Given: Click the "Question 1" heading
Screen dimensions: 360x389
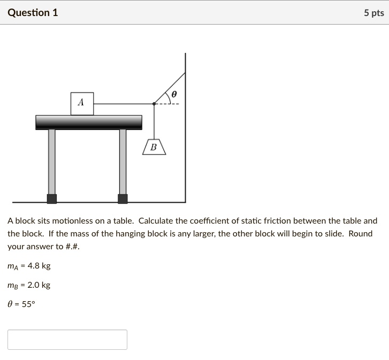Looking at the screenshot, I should click(x=33, y=12).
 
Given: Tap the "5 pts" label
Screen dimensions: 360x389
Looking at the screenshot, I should click(x=373, y=13).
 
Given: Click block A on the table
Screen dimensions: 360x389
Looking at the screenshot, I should click(x=82, y=103).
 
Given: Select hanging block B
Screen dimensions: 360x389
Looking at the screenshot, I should click(x=154, y=147).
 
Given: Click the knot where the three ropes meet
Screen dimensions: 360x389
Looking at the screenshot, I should click(x=154, y=103).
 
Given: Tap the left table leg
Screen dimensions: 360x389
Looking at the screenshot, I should click(x=51, y=160).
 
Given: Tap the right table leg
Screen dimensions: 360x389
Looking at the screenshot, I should click(x=123, y=160).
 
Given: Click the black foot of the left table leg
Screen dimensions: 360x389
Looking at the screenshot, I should click(x=51, y=199).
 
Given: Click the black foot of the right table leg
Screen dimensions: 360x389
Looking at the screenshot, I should click(x=123, y=199).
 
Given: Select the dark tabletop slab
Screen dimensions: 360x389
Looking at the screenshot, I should click(x=88, y=122).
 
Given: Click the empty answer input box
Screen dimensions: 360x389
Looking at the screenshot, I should click(x=67, y=340).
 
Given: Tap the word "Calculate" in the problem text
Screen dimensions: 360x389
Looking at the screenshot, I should click(x=156, y=220).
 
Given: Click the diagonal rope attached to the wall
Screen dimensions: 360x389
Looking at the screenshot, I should click(x=170, y=87).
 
